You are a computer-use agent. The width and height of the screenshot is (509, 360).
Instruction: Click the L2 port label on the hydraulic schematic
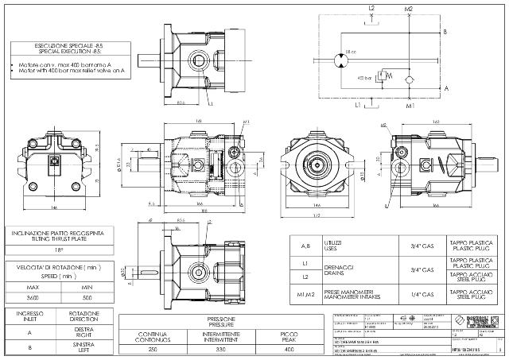(x=371, y=7)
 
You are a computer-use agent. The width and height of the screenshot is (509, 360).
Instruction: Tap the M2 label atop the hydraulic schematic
(x=408, y=7)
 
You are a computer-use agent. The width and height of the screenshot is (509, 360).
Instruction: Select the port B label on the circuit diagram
(x=445, y=32)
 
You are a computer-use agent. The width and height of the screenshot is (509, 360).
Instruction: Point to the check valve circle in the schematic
(x=409, y=80)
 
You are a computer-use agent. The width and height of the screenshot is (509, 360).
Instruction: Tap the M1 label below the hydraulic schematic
(x=410, y=105)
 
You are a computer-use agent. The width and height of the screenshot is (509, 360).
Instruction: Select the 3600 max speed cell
(x=33, y=297)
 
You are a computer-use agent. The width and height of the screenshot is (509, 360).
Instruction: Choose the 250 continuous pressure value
(x=153, y=348)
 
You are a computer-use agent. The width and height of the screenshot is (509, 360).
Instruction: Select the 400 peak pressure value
(x=290, y=348)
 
